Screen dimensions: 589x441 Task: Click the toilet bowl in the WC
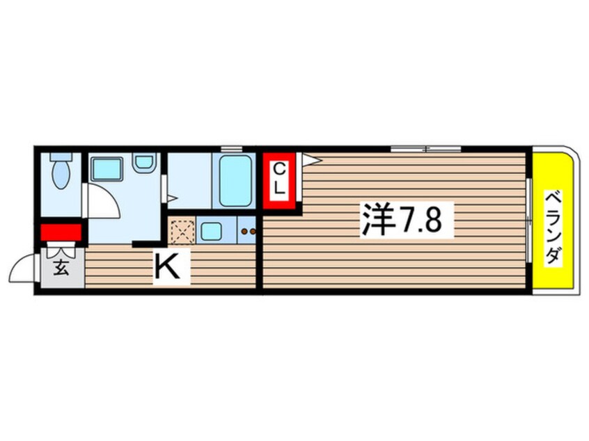tap(61, 175)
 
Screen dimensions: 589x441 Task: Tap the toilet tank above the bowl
tap(61, 157)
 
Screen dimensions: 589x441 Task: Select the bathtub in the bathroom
tap(235, 181)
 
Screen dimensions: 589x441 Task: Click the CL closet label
tap(278, 179)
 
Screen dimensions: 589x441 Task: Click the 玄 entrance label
tap(61, 268)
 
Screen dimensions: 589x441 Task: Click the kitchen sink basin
tap(211, 231)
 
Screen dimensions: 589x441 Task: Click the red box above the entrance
tap(61, 232)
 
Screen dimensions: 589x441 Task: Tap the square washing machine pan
tap(107, 169)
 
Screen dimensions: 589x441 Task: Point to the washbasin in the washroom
tap(144, 162)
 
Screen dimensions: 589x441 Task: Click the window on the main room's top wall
tap(426, 149)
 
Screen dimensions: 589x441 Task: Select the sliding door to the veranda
tap(528, 220)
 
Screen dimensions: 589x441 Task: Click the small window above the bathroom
tap(231, 149)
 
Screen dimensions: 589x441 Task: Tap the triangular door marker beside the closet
tap(311, 159)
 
